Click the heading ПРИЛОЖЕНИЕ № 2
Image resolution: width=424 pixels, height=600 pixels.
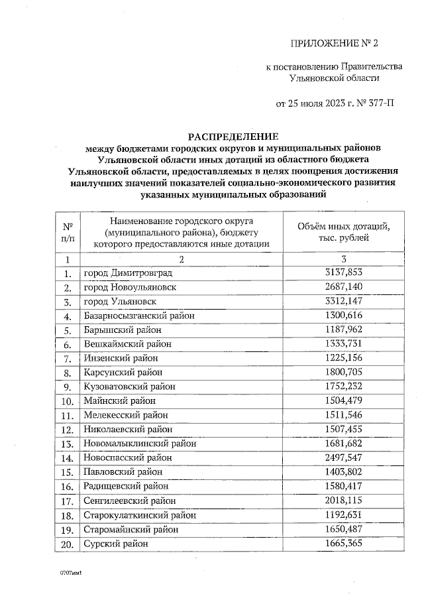(333, 44)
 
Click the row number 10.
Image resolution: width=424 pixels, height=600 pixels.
(67, 400)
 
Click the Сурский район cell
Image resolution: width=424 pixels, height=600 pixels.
(115, 544)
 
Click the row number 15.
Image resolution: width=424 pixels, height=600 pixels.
(67, 472)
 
